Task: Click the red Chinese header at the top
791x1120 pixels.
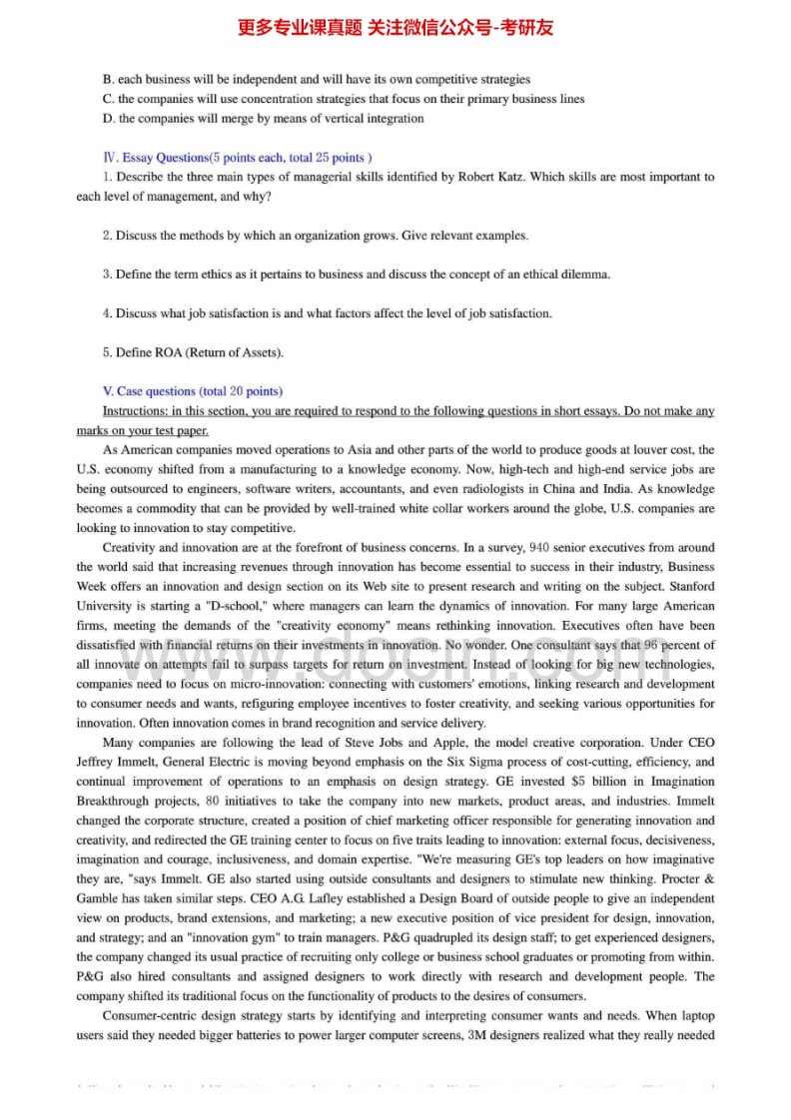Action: [395, 28]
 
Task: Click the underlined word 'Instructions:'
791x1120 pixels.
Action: [135, 411]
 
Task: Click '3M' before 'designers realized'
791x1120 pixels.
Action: [479, 1036]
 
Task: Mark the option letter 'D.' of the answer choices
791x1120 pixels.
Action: [109, 119]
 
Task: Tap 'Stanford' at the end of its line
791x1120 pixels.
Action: [691, 587]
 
